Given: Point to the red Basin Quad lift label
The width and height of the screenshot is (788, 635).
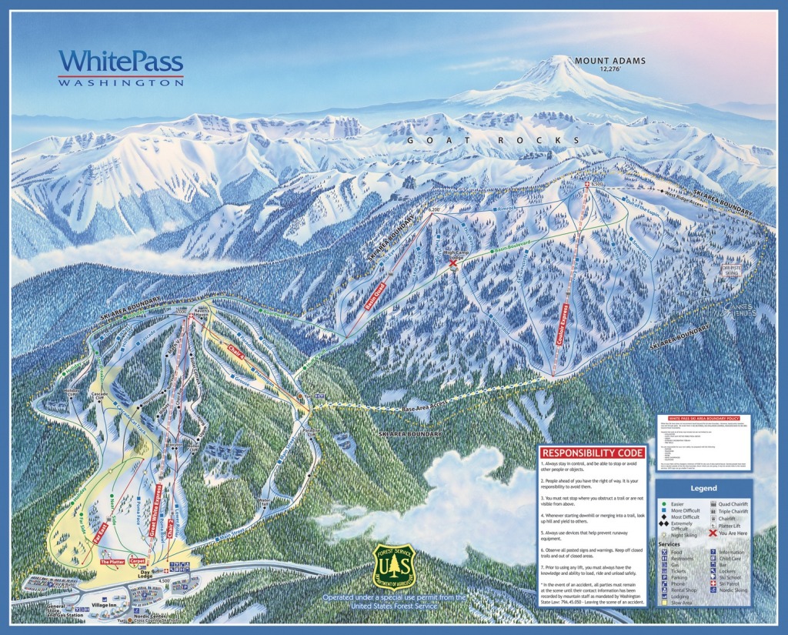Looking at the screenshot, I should pos(375,297).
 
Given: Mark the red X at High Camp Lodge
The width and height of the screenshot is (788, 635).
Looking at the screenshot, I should pos(452,263).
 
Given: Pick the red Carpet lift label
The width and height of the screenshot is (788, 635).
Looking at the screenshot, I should pos(139,562).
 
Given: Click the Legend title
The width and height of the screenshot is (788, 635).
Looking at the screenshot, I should pos(703,488).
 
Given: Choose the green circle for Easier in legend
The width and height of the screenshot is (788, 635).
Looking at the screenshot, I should pos(664,504).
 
